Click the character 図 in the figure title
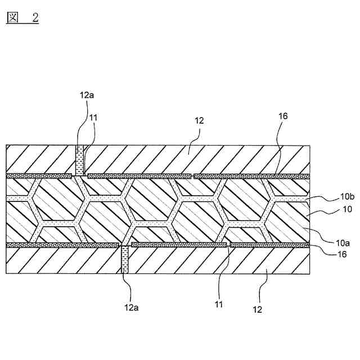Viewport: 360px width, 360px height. pos(12,17)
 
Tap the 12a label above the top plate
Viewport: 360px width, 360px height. pos(87,94)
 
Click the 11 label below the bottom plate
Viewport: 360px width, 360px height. pos(219,305)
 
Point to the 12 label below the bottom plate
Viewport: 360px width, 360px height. pos(258,309)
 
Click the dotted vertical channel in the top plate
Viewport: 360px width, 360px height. pos(80,160)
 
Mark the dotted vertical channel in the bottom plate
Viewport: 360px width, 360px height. pos(125,261)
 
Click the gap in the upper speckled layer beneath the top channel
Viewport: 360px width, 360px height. pos(80,176)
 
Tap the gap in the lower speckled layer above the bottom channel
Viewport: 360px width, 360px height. pos(125,245)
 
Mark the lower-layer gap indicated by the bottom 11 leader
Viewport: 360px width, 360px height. pos(228,245)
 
